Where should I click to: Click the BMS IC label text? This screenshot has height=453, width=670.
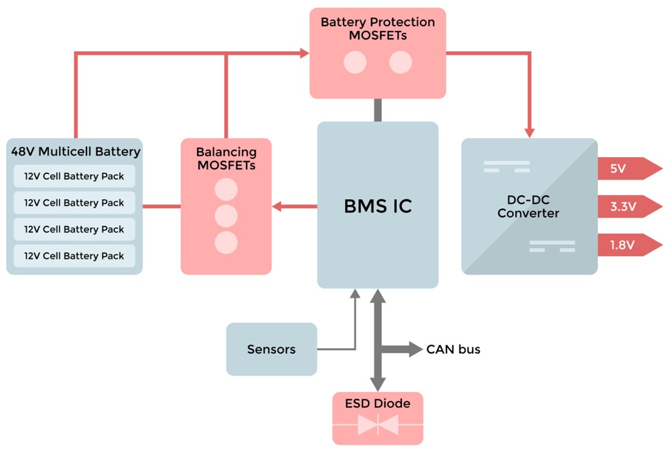point(377,206)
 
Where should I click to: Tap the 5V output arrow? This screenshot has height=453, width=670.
point(628,169)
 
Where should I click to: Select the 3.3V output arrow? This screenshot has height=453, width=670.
point(628,207)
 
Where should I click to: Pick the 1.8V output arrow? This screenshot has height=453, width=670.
point(628,245)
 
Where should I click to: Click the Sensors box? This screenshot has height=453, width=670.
point(271,349)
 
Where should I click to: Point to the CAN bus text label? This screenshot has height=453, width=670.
point(453,349)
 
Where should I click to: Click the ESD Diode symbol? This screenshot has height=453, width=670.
point(378,424)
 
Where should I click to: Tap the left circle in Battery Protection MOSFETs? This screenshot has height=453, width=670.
point(355,62)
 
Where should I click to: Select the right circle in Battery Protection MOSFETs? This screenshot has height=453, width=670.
point(400,62)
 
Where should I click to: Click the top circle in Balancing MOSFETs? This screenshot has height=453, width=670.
point(226,189)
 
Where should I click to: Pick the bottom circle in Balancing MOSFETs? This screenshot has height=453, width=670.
point(226,242)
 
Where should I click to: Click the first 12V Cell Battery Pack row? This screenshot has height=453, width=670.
point(74,177)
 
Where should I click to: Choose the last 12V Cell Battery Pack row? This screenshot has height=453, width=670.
point(74,256)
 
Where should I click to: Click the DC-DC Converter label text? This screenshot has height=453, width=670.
point(528,207)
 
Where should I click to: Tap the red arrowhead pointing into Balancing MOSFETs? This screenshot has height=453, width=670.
point(277,207)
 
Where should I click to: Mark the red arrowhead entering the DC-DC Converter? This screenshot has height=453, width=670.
point(529,132)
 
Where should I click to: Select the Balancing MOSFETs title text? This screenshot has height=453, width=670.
point(226,158)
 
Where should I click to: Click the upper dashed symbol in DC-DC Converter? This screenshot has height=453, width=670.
point(507,166)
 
